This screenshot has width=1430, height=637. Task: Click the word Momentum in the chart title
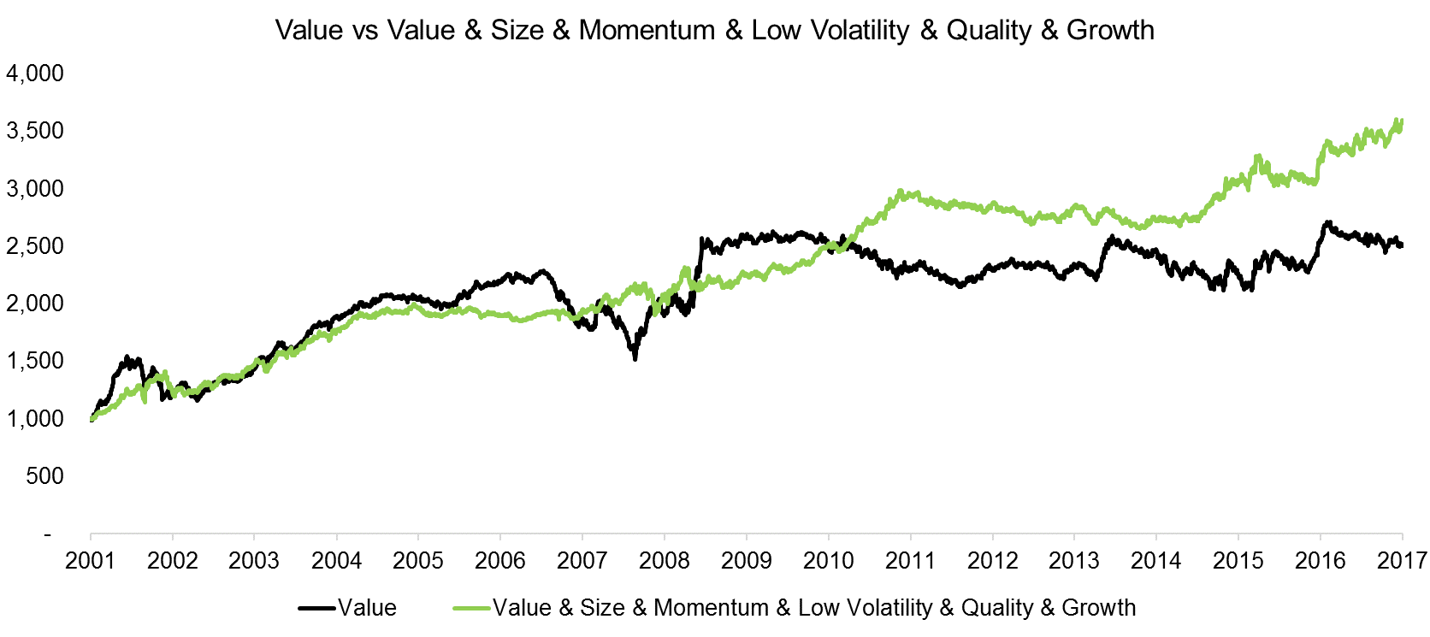point(646,30)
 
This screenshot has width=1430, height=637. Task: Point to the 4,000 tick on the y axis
point(35,74)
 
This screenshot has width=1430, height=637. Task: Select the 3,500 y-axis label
point(35,131)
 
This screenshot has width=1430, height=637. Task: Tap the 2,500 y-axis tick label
point(35,246)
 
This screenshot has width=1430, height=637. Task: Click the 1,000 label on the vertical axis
point(35,418)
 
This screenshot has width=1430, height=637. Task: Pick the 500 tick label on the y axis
point(44,476)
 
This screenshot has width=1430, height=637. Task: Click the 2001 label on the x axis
point(90,561)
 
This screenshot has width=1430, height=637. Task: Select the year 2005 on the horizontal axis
point(417,561)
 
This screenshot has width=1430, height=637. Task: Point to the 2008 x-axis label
point(664,561)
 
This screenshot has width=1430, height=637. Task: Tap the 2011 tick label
point(910,561)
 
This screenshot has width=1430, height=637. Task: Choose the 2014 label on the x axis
point(1155,561)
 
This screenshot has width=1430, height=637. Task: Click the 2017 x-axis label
point(1403,561)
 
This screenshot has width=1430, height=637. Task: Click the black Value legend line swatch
point(316,608)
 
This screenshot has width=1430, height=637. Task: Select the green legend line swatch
point(471,608)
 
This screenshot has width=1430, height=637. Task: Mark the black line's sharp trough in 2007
point(635,357)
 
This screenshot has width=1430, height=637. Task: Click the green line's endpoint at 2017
point(1402,121)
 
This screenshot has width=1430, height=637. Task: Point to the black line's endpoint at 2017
point(1402,245)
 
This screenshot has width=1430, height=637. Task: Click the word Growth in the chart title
point(1110,30)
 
